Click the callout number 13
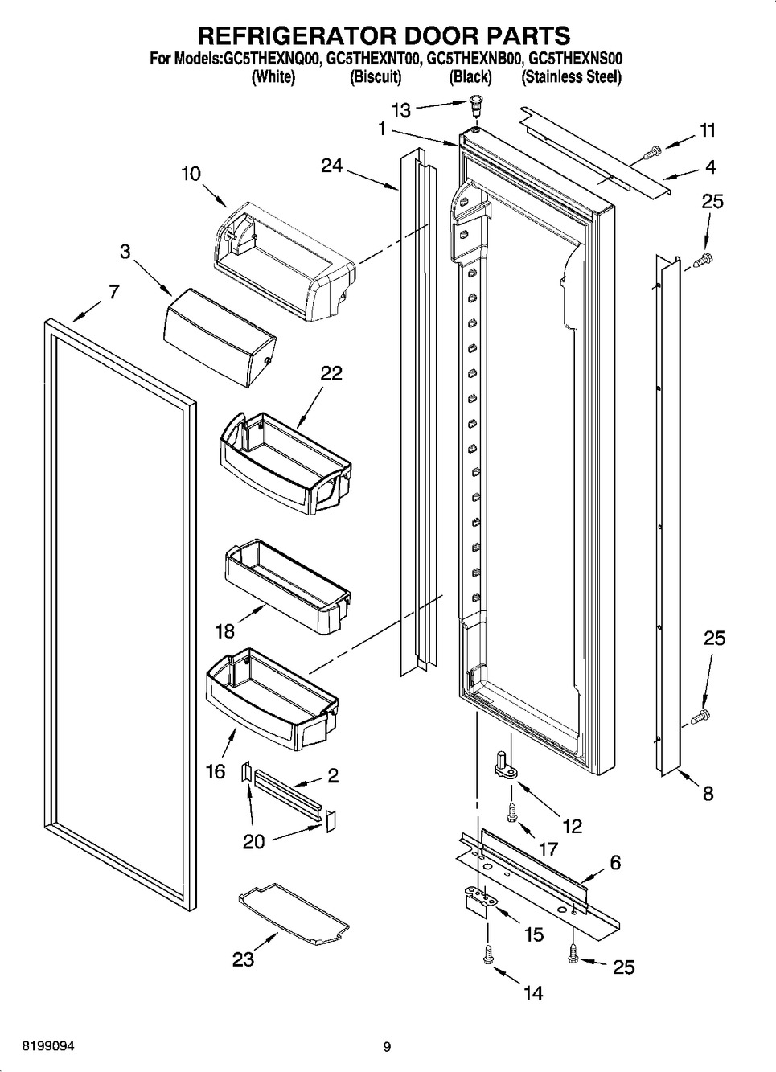pyautogui.click(x=401, y=110)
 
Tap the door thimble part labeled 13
pyautogui.click(x=474, y=105)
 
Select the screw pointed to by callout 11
pyautogui.click(x=651, y=153)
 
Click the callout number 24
pyautogui.click(x=332, y=166)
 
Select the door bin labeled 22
pyautogui.click(x=285, y=463)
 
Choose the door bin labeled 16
pyautogui.click(x=272, y=700)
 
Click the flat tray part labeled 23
pyautogui.click(x=294, y=914)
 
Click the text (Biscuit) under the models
pyautogui.click(x=376, y=76)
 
